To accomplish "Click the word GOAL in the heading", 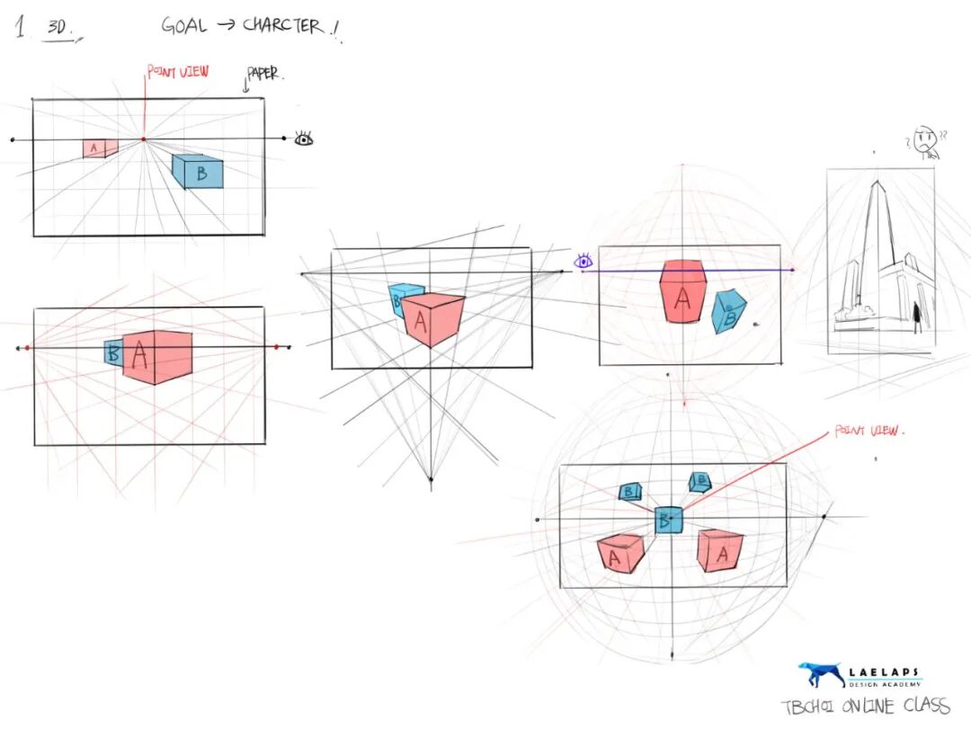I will tap(183, 25).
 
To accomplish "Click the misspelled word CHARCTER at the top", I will tap(282, 25).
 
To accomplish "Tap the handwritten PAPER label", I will tap(264, 75).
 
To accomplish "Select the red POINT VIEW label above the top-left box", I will tap(178, 70).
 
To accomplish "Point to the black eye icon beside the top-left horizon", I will tap(305, 138).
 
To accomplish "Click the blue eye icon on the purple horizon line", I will tap(584, 262).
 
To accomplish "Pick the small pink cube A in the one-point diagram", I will tap(94, 148).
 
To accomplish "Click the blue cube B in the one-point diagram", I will tap(198, 172).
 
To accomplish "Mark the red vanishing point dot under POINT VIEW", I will tap(143, 139).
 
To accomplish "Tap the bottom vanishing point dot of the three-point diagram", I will tap(431, 480).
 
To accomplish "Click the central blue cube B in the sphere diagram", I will tap(667, 520).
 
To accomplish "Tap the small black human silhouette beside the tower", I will tap(916, 316).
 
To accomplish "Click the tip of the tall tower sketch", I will tap(877, 182).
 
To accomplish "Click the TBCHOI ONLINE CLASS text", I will tap(865, 707).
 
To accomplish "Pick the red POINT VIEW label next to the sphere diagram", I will tap(869, 432).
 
